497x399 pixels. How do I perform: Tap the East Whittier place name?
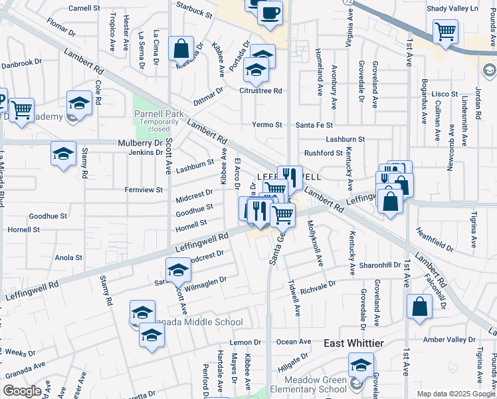(353, 342)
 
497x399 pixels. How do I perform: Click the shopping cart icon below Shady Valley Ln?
(445, 31)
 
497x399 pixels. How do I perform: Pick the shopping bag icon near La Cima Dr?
(181, 49)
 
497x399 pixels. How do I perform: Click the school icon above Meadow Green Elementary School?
(361, 364)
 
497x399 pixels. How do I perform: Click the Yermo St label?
(267, 124)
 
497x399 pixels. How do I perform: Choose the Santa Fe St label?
(314, 124)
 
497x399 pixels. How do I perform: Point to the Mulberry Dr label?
(140, 142)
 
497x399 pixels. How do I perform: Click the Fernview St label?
(144, 190)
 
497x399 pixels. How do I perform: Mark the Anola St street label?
(68, 257)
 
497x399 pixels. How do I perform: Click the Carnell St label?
(84, 9)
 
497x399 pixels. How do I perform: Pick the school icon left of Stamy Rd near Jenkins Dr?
(63, 154)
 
